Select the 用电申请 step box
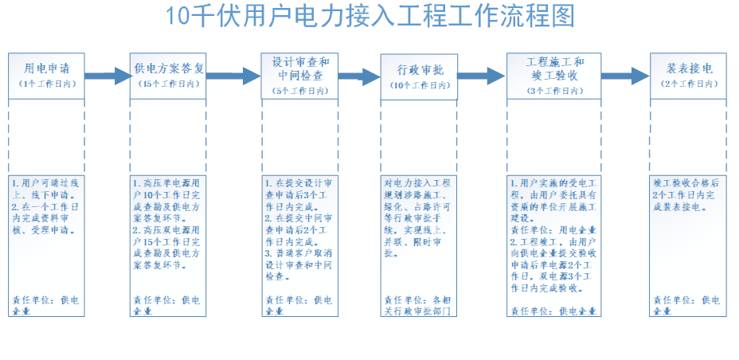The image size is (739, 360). pos(46,76)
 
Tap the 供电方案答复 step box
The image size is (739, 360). pos(168,76)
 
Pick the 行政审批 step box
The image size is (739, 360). pos(419,76)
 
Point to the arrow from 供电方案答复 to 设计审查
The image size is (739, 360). pos(233,76)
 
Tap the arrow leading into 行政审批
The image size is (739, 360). pos(361,76)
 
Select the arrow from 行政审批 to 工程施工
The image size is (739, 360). pos(483,76)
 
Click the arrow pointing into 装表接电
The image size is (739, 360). pos(625,76)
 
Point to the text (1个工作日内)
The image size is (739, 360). pos(46,84)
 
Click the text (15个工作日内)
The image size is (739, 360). pos(168,84)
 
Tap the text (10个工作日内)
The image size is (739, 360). pos(419,86)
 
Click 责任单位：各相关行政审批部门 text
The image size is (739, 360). pos(419,305)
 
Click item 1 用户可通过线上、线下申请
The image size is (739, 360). pos(45,189)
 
